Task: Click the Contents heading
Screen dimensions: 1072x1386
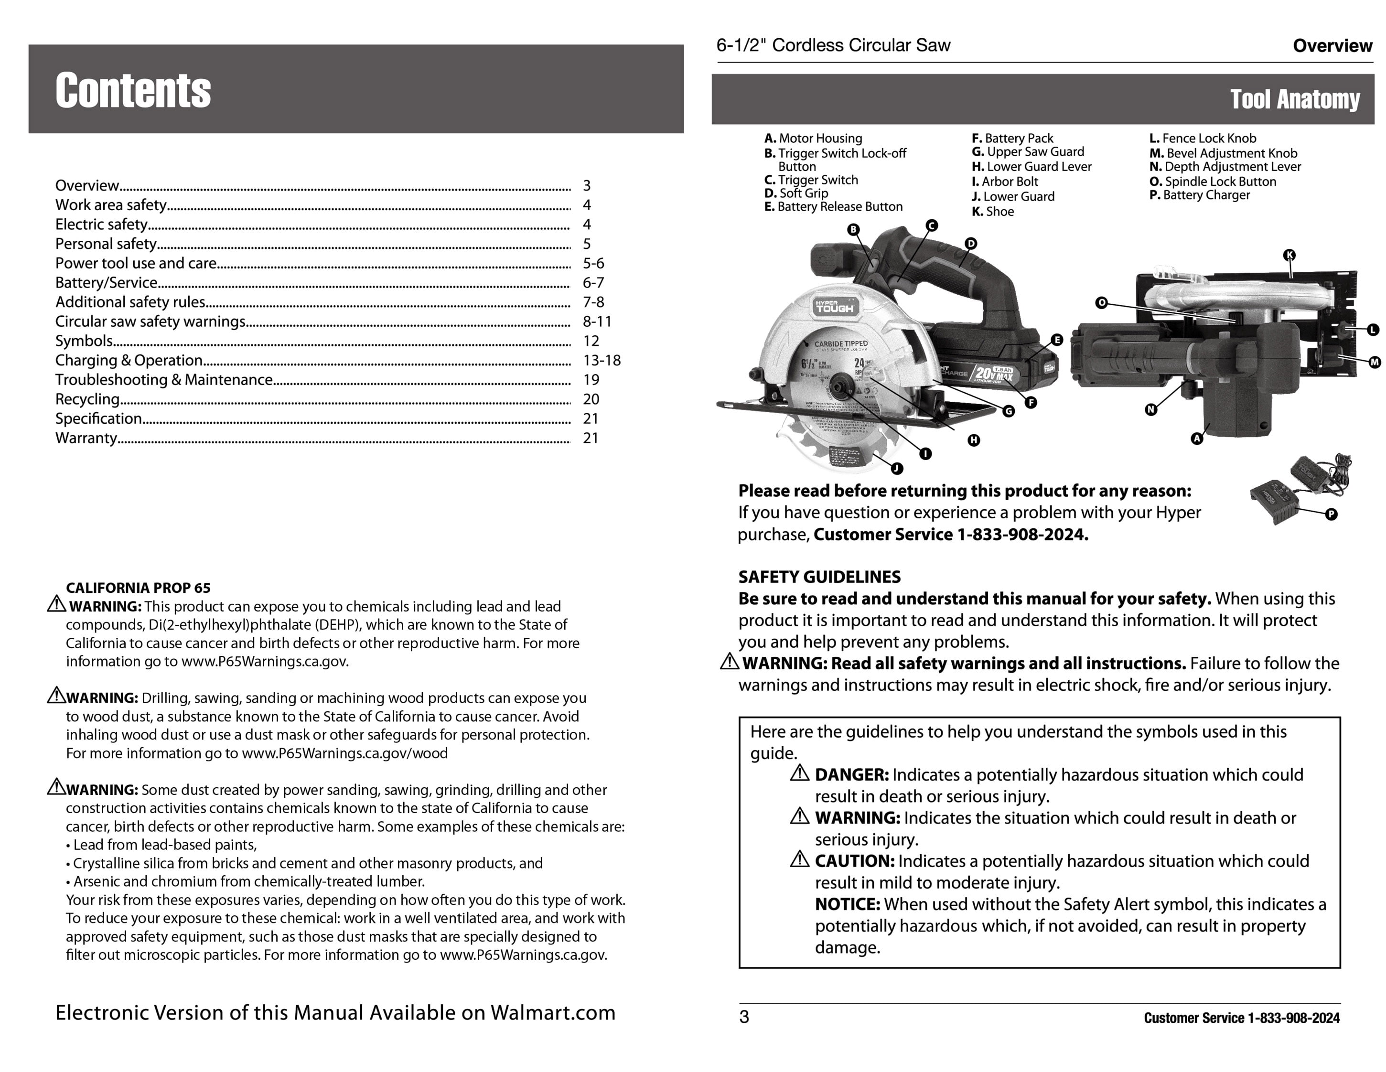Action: (x=133, y=90)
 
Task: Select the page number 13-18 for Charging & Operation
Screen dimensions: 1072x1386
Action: (x=601, y=361)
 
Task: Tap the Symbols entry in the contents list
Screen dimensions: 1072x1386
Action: (x=84, y=341)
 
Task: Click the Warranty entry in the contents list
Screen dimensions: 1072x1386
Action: (x=86, y=438)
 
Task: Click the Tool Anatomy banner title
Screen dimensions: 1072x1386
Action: (x=1295, y=99)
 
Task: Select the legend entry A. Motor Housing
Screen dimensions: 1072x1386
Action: (x=813, y=139)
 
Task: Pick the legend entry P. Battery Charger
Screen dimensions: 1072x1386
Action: (x=1199, y=195)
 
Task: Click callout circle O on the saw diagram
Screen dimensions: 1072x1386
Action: (x=1102, y=303)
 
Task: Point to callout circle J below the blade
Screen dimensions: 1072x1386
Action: (x=897, y=469)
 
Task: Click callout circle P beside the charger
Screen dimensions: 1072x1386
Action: (x=1332, y=514)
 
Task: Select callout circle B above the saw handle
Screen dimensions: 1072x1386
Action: (x=854, y=230)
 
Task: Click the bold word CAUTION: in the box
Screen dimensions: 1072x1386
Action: (x=854, y=861)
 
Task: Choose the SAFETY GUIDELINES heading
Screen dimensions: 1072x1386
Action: (x=819, y=577)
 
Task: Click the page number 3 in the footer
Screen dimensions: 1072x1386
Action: (x=744, y=1017)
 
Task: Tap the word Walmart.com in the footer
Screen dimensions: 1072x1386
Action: (x=553, y=1012)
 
